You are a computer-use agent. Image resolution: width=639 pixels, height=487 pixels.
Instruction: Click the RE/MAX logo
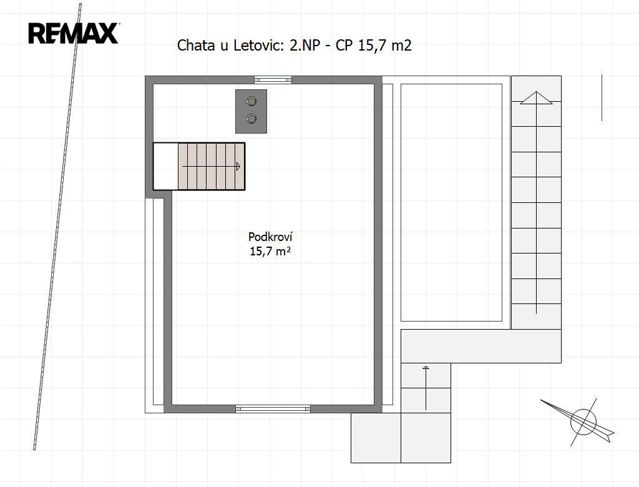click(x=74, y=33)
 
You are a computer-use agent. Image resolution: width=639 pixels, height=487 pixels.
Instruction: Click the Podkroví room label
click(x=270, y=237)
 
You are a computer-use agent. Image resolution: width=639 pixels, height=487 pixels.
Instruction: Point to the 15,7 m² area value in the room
click(x=270, y=251)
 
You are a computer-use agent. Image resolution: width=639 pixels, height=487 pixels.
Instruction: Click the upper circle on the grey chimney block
click(x=252, y=101)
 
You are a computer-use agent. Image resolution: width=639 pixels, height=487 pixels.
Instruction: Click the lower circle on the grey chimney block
click(x=252, y=119)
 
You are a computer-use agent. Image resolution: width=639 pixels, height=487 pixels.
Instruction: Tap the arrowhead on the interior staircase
click(x=238, y=167)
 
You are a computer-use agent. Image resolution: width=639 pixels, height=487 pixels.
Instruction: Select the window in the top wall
click(x=273, y=79)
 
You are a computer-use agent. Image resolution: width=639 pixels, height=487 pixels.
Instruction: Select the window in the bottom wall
click(x=273, y=409)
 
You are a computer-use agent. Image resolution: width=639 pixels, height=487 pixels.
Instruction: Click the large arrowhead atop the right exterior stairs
click(x=536, y=98)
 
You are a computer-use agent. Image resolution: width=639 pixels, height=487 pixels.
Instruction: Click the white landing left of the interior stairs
click(x=165, y=166)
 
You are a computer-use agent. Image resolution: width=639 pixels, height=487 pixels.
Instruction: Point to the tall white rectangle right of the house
click(x=452, y=202)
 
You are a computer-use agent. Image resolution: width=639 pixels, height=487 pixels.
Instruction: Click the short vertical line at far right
click(x=602, y=98)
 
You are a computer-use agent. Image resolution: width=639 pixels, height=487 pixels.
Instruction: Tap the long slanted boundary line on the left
click(x=57, y=227)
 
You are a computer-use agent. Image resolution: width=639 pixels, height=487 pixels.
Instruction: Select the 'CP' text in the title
click(x=344, y=46)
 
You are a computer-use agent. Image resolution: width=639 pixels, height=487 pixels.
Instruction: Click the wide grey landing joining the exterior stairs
click(x=481, y=347)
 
